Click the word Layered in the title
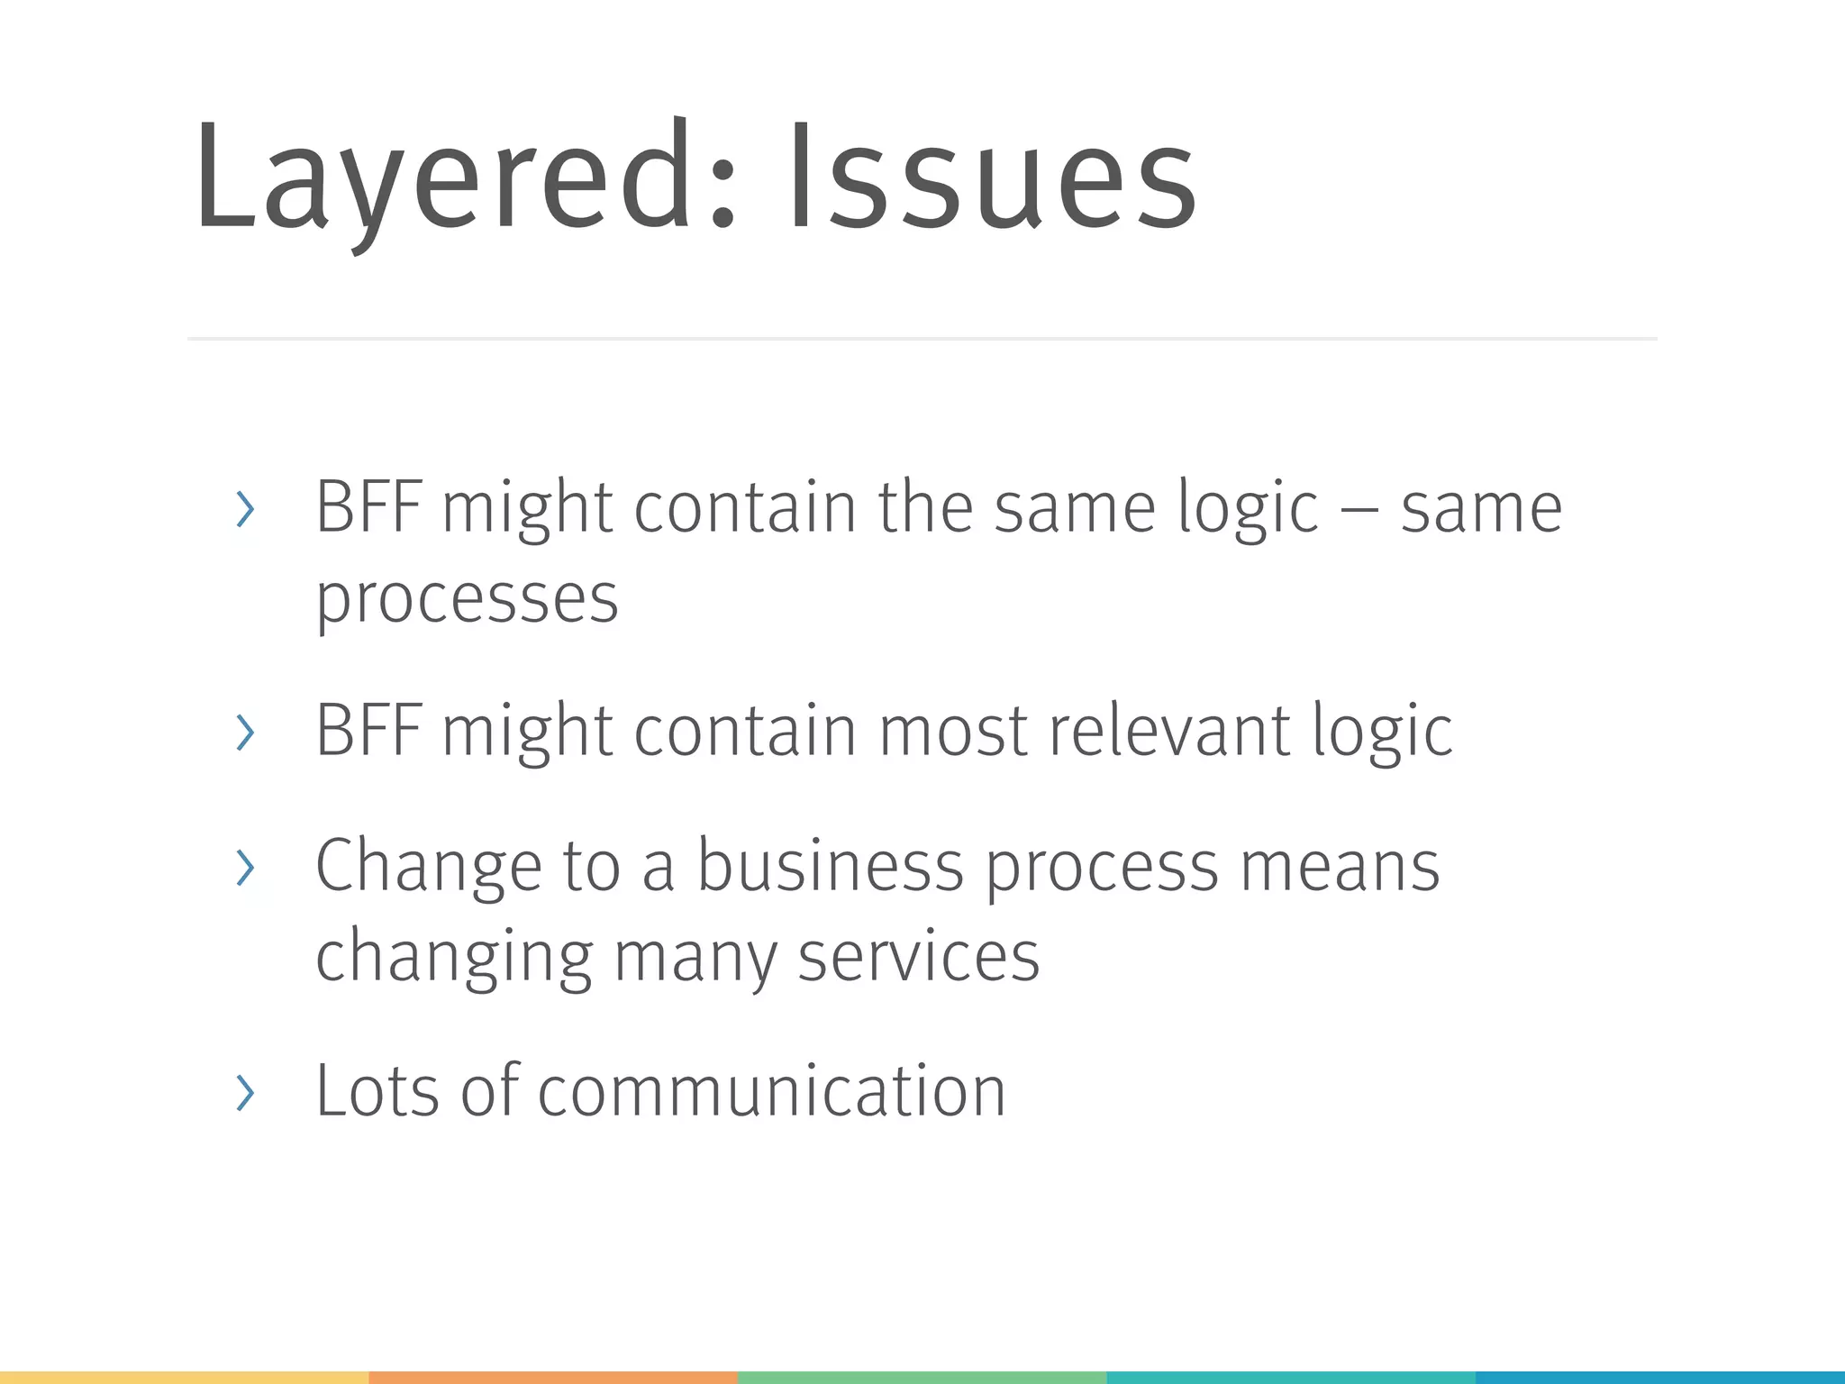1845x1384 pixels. click(x=441, y=176)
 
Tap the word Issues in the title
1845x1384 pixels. click(x=991, y=176)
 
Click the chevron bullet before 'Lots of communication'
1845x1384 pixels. click(x=244, y=1093)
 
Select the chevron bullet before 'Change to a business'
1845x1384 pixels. click(x=244, y=868)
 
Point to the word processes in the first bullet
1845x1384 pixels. click(x=467, y=599)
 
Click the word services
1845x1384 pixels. click(x=918, y=957)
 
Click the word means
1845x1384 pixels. click(x=1340, y=867)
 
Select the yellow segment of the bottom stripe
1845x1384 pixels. click(x=184, y=1377)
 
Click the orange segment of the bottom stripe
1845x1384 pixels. click(x=553, y=1377)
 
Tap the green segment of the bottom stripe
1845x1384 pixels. click(x=922, y=1377)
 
